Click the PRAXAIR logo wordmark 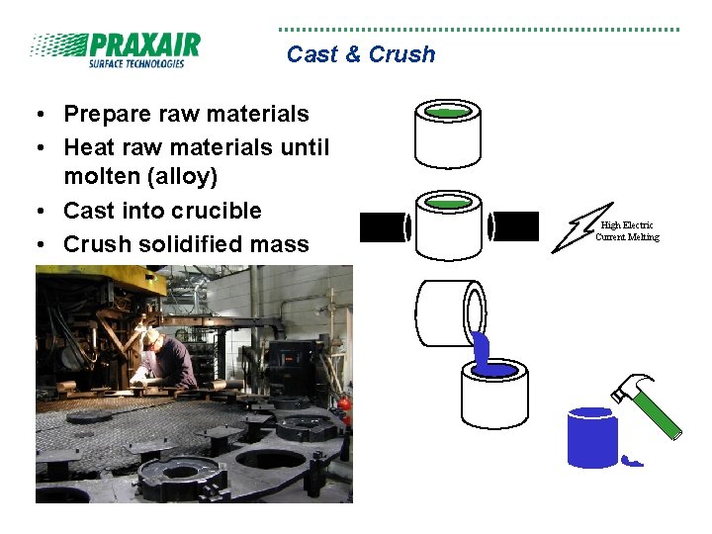tap(143, 45)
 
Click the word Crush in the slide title tap(401, 54)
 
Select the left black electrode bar tap(383, 226)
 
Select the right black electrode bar tap(514, 226)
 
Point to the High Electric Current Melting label tap(627, 231)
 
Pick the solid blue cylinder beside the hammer tap(592, 436)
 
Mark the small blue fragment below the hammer tap(632, 459)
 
